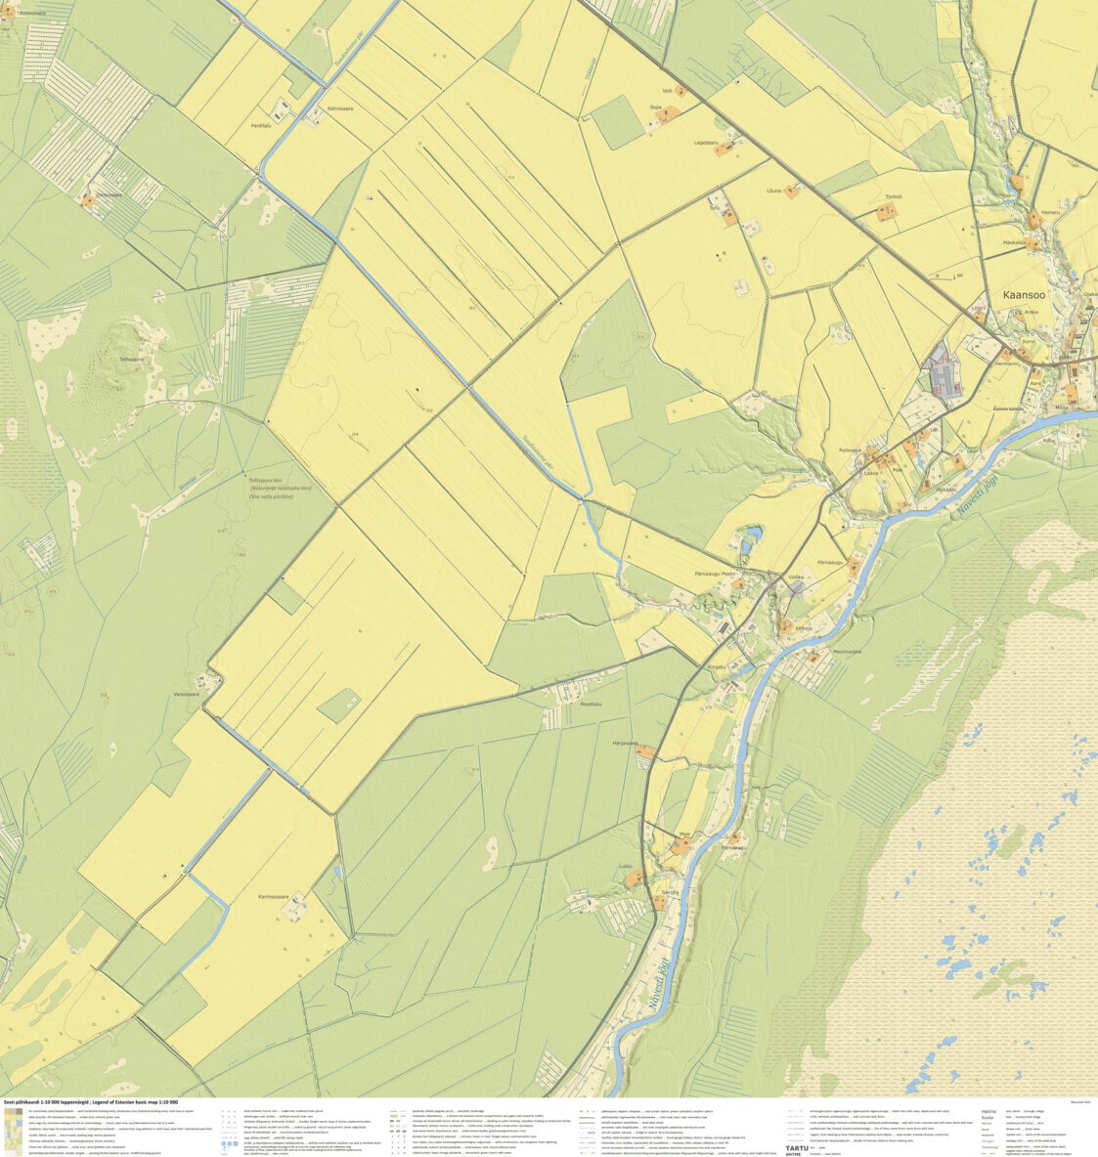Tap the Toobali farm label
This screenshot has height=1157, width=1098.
tap(893, 196)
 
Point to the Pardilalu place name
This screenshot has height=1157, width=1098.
tap(260, 125)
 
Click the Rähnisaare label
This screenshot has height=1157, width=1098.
tap(340, 108)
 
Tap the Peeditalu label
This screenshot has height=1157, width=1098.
tap(591, 704)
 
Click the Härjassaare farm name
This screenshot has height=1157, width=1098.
tap(625, 743)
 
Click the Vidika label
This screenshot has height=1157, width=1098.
tap(795, 578)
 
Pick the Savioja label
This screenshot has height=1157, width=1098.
tap(670, 892)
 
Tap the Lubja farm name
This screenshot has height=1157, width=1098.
tap(626, 866)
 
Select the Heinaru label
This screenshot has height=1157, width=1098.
tap(1050, 212)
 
